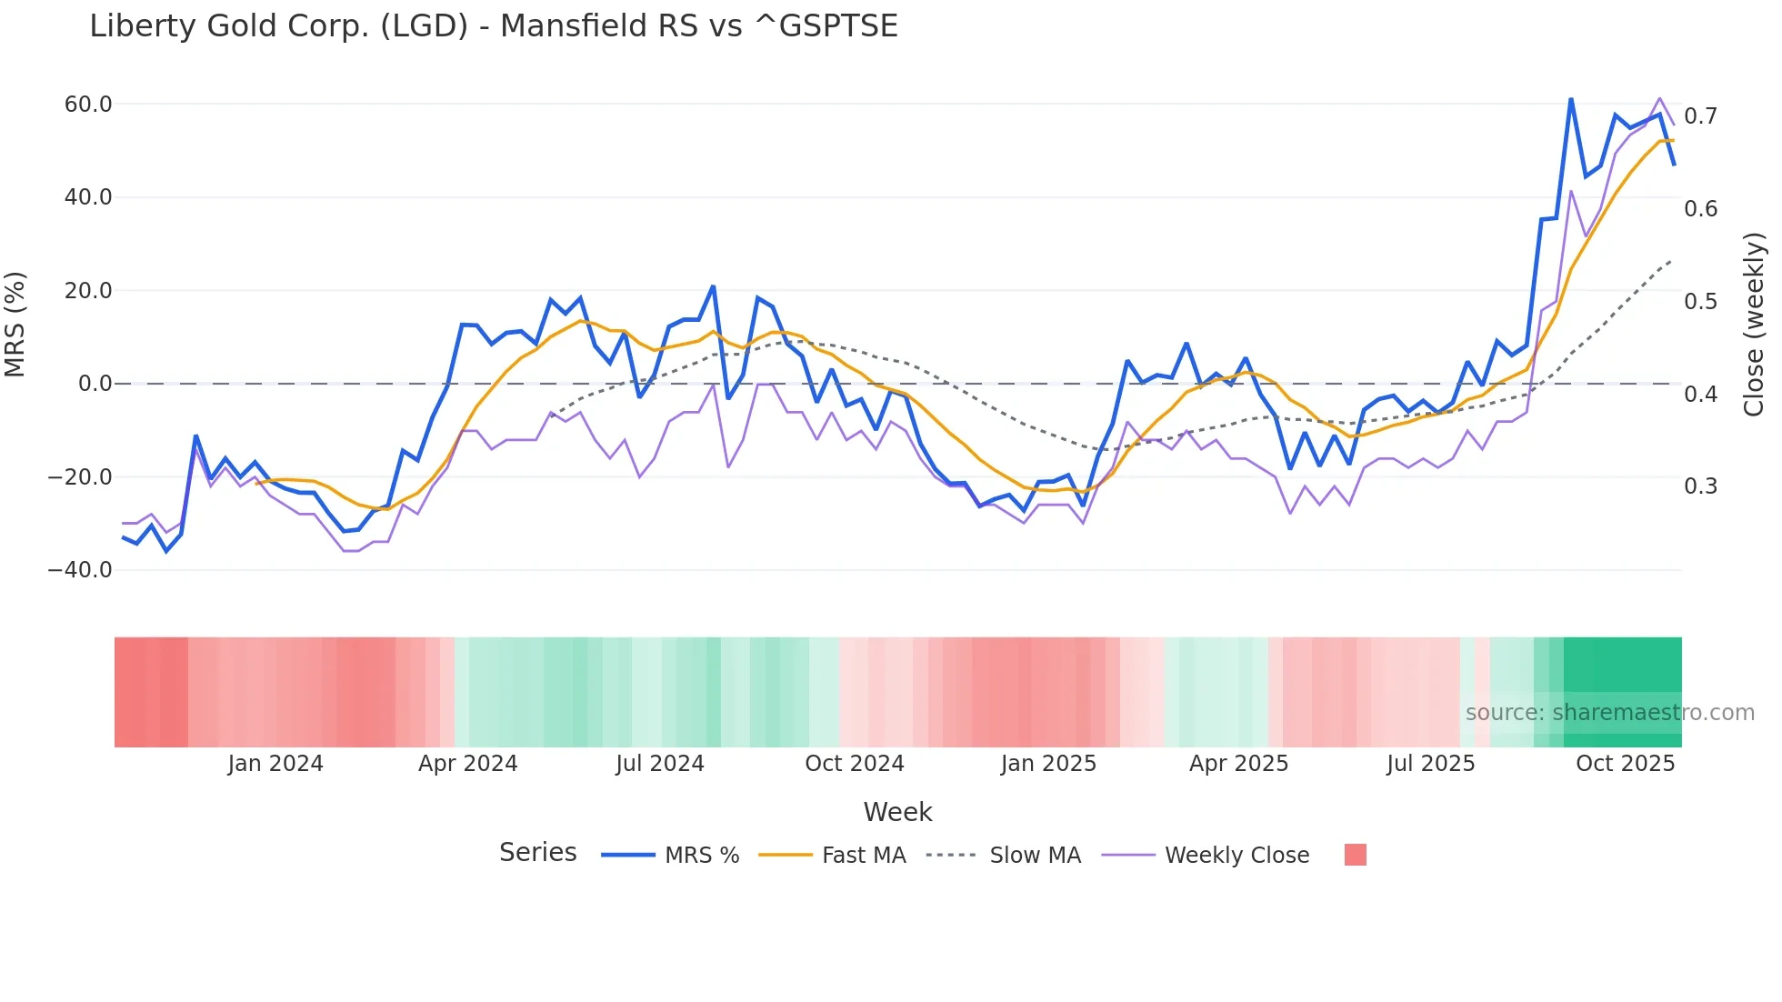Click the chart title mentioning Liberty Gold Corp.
pos(493,25)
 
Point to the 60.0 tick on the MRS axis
pos(88,105)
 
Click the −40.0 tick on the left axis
pos(80,570)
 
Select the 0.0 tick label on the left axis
pos(95,384)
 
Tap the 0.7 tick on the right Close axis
pos(1700,116)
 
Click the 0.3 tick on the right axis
pos(1700,486)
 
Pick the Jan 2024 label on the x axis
pos(275,764)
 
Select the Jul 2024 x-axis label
pos(660,764)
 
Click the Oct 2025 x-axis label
pos(1625,764)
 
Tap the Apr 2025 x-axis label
pos(1238,764)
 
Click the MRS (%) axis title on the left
pos(15,324)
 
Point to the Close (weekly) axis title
pos(1754,325)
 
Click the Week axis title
pos(897,812)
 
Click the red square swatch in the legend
pos(1355,855)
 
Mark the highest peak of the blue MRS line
pos(1571,98)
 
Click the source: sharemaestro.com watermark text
pos(1609,713)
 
